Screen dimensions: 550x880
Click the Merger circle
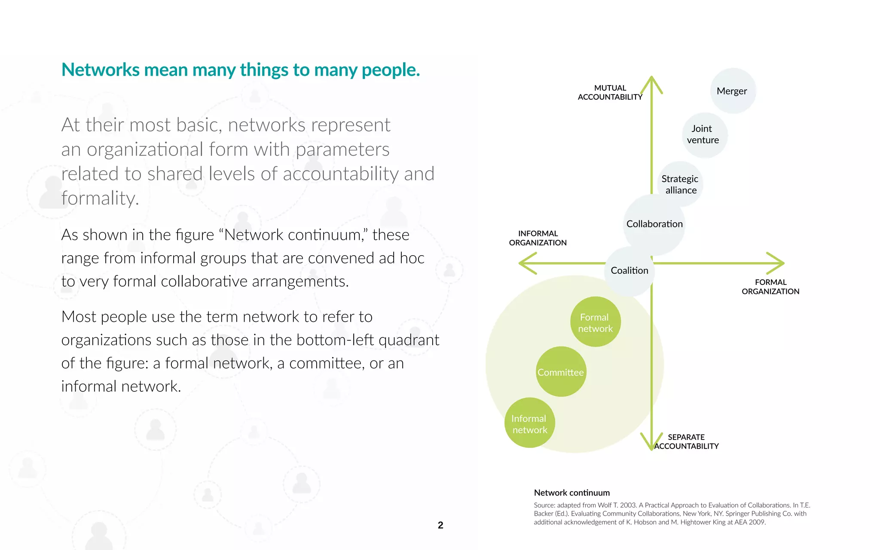733,91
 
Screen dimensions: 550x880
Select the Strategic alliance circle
680,184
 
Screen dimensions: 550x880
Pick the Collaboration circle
654,224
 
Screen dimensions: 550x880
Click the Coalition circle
629,271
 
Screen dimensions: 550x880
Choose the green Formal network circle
595,322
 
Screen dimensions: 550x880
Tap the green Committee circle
561,372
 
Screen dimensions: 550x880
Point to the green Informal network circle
529,423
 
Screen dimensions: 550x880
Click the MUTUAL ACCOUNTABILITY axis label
610,92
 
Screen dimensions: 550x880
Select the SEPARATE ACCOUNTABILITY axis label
686,442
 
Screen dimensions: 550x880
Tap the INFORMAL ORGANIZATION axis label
538,238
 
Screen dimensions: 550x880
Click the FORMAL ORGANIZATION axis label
770,287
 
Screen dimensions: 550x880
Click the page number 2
440,525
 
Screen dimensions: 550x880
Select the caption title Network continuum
571,493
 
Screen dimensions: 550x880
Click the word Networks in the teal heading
101,70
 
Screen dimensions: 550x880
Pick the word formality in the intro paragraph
99,199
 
